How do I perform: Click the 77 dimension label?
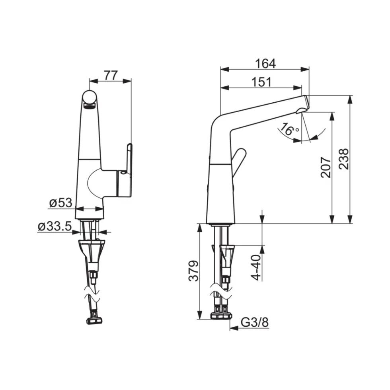click(111, 75)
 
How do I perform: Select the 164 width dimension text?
click(265, 64)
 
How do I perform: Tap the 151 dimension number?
click(261, 82)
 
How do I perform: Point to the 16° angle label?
click(289, 129)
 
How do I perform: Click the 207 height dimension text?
click(326, 167)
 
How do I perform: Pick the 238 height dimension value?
click(344, 159)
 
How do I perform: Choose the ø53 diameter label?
click(61, 203)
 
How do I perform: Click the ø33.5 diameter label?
click(55, 226)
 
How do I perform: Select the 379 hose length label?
click(193, 271)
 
